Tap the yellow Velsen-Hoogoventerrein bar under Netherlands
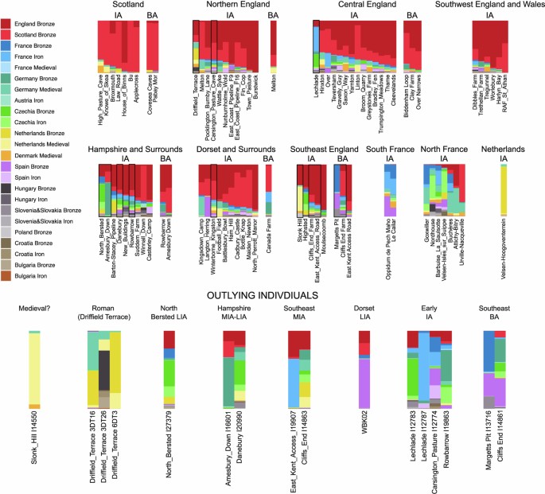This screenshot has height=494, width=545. pos(503,191)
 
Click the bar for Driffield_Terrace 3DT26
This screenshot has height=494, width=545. pos(103,374)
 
